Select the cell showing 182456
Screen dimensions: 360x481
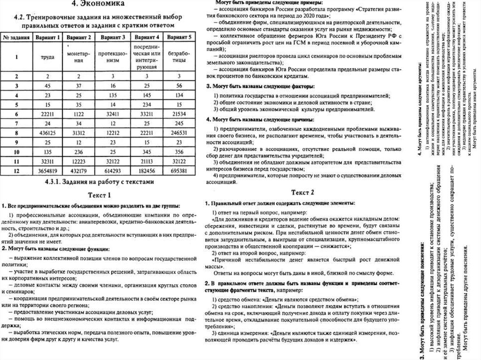click(x=147, y=170)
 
